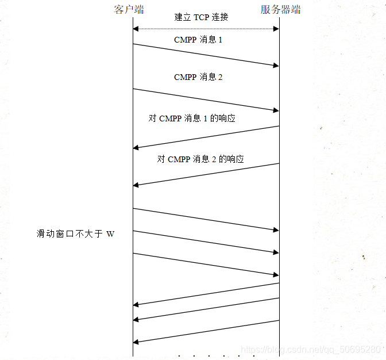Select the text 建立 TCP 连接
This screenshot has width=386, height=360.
(x=201, y=17)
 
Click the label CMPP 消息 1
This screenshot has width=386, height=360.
(x=198, y=40)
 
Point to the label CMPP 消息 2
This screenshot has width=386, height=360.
(x=198, y=77)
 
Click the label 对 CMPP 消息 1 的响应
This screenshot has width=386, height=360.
(x=192, y=118)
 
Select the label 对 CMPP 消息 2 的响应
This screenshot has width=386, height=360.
(x=200, y=159)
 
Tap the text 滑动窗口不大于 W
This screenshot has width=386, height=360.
(x=76, y=234)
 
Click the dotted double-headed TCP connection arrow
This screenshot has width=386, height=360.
(x=206, y=28)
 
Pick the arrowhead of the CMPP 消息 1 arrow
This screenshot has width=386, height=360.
(x=276, y=66)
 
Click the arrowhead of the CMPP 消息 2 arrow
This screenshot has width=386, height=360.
(x=276, y=109)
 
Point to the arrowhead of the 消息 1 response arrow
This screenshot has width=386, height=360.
(x=136, y=148)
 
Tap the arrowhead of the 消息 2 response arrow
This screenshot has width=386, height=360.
(x=136, y=185)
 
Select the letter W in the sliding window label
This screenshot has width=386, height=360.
(x=110, y=234)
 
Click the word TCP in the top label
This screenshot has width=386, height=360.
(x=201, y=17)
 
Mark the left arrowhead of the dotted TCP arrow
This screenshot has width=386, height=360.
(x=136, y=28)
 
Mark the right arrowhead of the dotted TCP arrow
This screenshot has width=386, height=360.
(x=276, y=28)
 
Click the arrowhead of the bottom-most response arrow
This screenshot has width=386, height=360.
(x=136, y=342)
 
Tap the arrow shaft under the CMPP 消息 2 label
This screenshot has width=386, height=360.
(x=206, y=99)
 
